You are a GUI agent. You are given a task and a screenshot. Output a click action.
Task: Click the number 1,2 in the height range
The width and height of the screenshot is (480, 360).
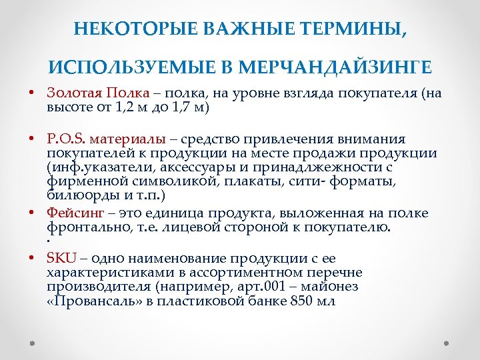pos(123,107)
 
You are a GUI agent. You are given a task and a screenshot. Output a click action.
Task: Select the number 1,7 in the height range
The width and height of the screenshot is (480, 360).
pos(176,107)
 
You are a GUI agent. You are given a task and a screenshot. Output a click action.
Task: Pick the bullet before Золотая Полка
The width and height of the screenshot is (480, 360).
pos(32,93)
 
